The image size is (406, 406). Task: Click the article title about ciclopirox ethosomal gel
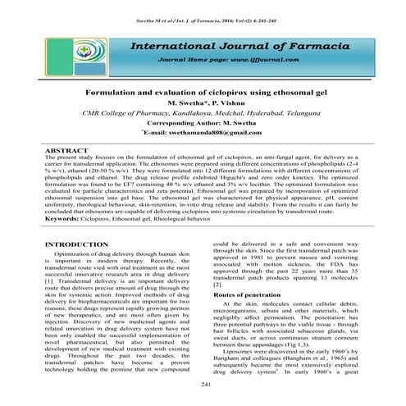203,95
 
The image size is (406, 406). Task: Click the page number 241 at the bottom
203,386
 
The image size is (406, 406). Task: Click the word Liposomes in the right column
244,362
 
